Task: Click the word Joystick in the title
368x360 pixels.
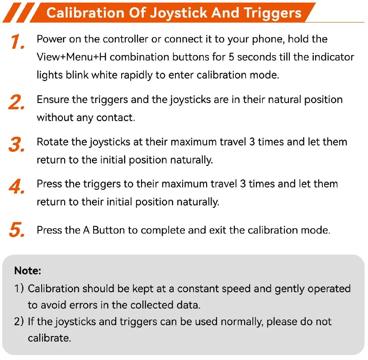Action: click(179, 14)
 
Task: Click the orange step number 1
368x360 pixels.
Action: click(18, 42)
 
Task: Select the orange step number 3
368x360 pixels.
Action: click(17, 144)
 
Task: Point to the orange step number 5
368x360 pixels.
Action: click(17, 229)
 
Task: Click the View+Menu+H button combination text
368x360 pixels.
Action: click(71, 57)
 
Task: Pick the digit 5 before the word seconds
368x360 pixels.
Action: click(231, 57)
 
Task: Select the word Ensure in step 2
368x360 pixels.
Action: click(53, 99)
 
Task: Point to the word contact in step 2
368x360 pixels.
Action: click(116, 117)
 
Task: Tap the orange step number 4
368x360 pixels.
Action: click(17, 187)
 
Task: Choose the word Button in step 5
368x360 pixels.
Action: click(109, 230)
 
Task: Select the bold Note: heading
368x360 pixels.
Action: click(28, 271)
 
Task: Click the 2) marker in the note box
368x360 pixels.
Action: click(19, 322)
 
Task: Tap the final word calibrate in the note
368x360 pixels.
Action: click(49, 338)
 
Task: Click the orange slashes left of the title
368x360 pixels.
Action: click(19, 13)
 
